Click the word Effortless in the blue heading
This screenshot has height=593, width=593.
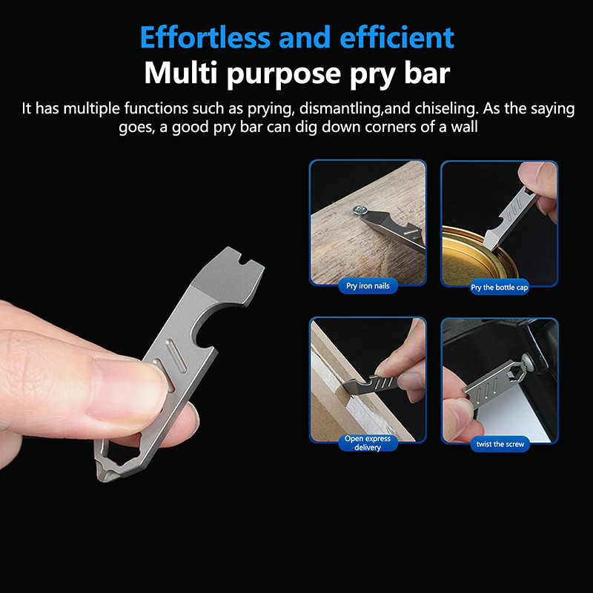click(x=205, y=37)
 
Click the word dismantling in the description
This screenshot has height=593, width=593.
click(x=339, y=109)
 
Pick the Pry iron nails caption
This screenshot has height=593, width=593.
click(x=368, y=286)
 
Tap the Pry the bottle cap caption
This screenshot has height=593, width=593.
click(x=499, y=288)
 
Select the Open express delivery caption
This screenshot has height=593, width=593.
click(x=368, y=443)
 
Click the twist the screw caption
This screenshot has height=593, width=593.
click(x=500, y=444)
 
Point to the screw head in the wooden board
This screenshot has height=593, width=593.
click(x=360, y=209)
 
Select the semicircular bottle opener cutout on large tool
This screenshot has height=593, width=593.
click(x=205, y=331)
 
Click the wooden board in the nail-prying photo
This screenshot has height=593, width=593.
click(x=363, y=234)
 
